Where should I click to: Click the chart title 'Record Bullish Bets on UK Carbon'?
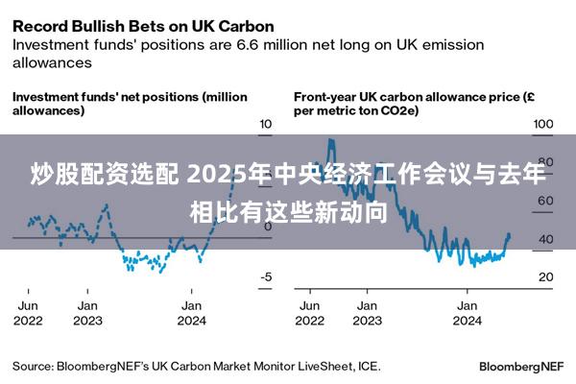click(143, 25)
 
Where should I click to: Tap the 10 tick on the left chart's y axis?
click(266, 125)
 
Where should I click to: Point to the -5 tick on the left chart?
click(266, 276)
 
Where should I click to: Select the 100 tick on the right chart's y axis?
click(543, 125)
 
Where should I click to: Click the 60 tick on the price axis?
click(544, 201)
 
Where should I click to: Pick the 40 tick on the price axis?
click(544, 239)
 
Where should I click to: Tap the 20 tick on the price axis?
click(544, 276)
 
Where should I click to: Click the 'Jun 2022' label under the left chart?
click(28, 313)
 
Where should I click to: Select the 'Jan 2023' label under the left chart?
click(87, 313)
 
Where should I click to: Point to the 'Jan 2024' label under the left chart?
click(192, 313)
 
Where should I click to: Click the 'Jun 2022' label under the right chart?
click(310, 313)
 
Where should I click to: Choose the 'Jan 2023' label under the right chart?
click(366, 313)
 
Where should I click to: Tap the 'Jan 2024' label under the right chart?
click(467, 313)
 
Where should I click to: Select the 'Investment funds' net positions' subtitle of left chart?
click(129, 104)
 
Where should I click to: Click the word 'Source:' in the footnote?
click(33, 366)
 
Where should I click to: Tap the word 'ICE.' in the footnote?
click(370, 366)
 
